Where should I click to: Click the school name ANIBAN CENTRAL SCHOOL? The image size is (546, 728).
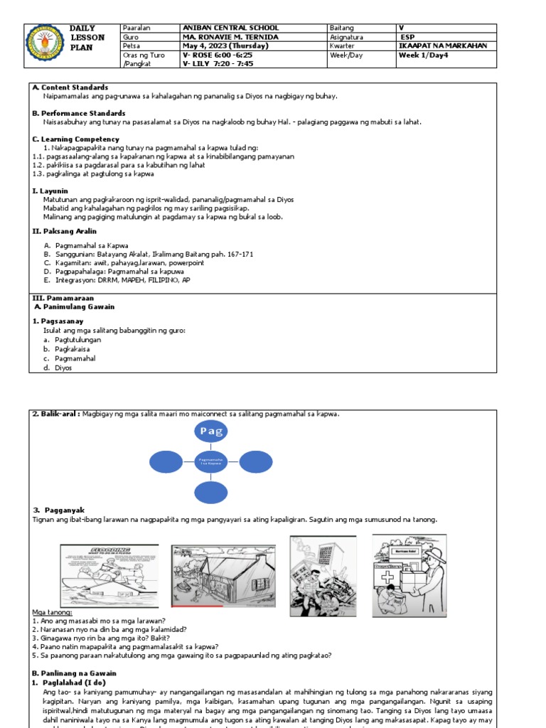[x=230, y=28]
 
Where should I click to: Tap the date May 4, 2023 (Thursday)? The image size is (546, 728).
[x=225, y=45]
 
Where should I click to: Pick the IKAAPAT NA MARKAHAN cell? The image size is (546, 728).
[x=443, y=45]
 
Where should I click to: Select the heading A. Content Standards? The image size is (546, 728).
[x=70, y=87]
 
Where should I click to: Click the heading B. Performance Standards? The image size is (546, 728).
[x=79, y=113]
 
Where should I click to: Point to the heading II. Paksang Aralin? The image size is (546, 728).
[x=65, y=231]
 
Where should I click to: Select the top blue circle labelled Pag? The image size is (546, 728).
[x=211, y=432]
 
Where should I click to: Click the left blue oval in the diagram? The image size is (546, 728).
[x=166, y=462]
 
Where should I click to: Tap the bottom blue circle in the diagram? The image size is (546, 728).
[x=211, y=492]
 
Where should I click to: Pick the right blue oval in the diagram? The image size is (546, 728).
[x=256, y=462]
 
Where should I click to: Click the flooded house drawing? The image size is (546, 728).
[x=223, y=577]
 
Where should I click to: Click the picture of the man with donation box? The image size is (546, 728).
[x=409, y=574]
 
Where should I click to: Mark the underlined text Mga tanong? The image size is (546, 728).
[x=52, y=612]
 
